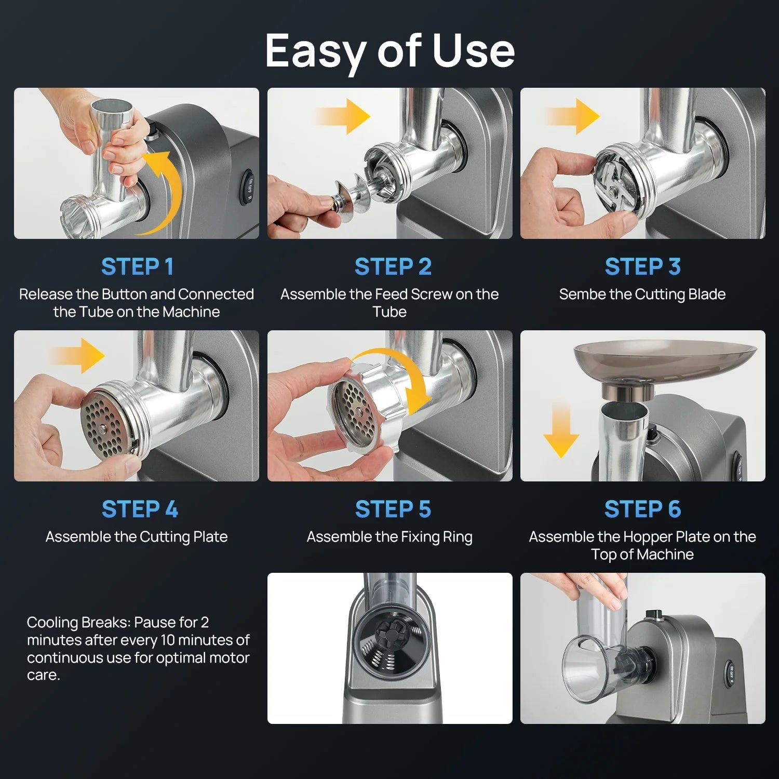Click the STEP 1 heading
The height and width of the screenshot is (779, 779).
pyautogui.click(x=137, y=267)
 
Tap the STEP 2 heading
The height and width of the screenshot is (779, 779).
pyautogui.click(x=393, y=267)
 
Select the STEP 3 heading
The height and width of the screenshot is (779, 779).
pyautogui.click(x=642, y=267)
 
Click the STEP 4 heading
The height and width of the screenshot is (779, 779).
pyautogui.click(x=140, y=509)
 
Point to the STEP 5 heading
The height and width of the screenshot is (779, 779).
pyautogui.click(x=393, y=509)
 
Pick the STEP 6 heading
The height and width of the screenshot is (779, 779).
pyautogui.click(x=642, y=509)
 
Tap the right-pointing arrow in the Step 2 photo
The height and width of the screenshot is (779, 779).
pyautogui.click(x=343, y=116)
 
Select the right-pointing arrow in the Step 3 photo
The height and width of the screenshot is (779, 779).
pyautogui.click(x=572, y=116)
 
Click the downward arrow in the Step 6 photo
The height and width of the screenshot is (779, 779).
pyautogui.click(x=561, y=430)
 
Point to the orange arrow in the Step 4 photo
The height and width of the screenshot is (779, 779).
pyautogui.click(x=78, y=356)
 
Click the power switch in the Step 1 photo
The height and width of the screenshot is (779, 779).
pyautogui.click(x=248, y=188)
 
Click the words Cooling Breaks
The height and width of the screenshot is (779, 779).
pyautogui.click(x=78, y=623)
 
